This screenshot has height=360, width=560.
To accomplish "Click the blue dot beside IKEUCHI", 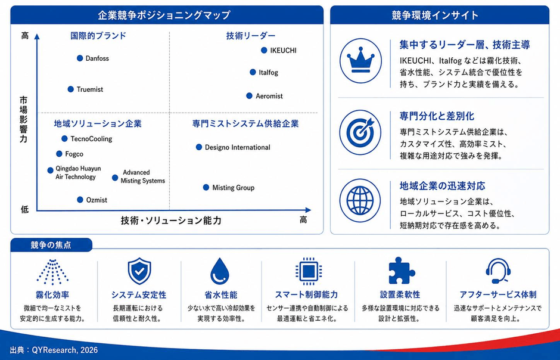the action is click(x=264, y=50).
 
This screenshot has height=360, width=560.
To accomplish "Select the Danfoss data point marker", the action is click(x=80, y=58).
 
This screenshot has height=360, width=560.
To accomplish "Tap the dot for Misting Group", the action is click(x=206, y=188).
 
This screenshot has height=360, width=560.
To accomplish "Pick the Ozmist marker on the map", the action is click(x=80, y=200).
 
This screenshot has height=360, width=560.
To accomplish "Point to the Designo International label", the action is click(x=238, y=147).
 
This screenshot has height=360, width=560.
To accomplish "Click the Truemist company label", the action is click(x=89, y=89).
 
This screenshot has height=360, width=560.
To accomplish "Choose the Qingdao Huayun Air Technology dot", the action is click(x=51, y=170).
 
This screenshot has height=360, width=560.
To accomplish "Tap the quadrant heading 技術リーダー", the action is click(x=251, y=36).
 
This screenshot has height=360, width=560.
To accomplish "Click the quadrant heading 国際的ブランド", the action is click(x=98, y=36).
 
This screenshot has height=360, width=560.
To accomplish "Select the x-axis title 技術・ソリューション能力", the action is click(x=171, y=221).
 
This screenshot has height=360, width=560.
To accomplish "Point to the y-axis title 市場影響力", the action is click(x=24, y=119).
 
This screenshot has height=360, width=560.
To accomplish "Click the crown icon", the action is click(x=360, y=61).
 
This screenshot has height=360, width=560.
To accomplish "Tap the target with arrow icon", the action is click(x=360, y=132).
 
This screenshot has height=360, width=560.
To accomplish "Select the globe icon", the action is click(x=360, y=200).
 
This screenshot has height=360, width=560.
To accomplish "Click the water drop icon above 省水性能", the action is click(x=220, y=271).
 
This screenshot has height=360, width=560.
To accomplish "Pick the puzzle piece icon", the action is click(x=401, y=271).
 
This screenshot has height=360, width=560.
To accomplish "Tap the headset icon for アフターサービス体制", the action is click(x=498, y=271).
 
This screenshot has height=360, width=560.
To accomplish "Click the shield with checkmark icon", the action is click(x=139, y=271).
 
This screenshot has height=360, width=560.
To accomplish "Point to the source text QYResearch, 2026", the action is click(x=65, y=350).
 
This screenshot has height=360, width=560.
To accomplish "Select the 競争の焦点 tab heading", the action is click(x=51, y=245).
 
